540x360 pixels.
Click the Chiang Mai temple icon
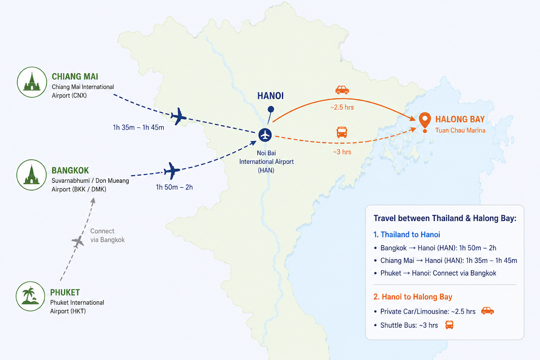(x=32, y=82)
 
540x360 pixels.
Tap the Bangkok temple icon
(x=31, y=175)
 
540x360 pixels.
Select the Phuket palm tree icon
(x=31, y=296)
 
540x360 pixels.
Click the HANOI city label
(x=270, y=96)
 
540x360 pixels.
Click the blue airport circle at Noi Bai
(x=265, y=135)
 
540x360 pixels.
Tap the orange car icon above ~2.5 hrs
(x=342, y=90)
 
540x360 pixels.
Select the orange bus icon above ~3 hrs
(x=342, y=132)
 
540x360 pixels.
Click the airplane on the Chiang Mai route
(x=178, y=117)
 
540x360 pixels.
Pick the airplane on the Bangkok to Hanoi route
(x=171, y=171)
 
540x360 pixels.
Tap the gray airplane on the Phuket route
(x=78, y=242)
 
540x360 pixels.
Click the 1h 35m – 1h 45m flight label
(x=139, y=127)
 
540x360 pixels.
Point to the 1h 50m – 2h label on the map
(x=174, y=187)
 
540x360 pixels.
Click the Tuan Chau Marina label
(x=460, y=130)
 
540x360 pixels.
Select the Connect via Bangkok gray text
(x=108, y=235)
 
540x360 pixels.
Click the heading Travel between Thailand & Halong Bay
(x=445, y=218)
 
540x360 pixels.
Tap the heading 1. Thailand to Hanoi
(x=407, y=234)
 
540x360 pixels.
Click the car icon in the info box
(x=487, y=310)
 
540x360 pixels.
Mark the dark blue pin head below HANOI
(x=271, y=109)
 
